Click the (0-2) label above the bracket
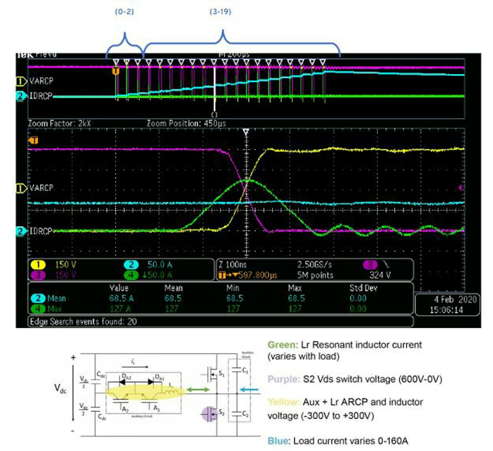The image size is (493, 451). coord(124,11)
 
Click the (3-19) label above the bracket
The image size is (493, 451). coord(220,11)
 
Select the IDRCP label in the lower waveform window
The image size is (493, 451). coord(41,231)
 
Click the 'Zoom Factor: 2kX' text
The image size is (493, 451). coord(59,123)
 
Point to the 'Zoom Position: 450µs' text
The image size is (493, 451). coord(186,123)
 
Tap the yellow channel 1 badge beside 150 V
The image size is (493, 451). coord(38,265)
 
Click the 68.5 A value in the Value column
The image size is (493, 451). coord(121,298)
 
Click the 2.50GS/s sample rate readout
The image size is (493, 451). coord(315,265)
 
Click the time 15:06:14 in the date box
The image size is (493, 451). coord(446,310)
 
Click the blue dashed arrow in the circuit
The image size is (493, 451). coord(249,390)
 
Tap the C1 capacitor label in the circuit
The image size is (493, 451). coord(245,371)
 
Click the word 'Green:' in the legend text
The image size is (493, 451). coord(283,345)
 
